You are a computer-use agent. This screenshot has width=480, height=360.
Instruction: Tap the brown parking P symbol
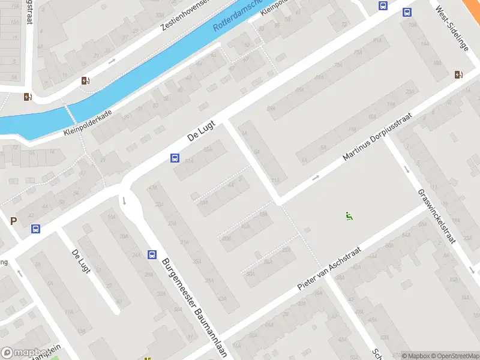click(13, 221)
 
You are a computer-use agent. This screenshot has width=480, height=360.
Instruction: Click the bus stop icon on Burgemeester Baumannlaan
click(152, 254)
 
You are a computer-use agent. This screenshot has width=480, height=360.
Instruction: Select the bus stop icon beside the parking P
click(35, 229)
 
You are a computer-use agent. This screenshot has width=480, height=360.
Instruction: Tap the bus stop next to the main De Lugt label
click(175, 158)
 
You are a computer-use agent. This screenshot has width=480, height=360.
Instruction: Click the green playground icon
click(349, 216)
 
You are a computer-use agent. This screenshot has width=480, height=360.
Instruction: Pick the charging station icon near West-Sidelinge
click(459, 74)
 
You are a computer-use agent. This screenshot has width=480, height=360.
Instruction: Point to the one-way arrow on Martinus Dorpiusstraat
click(316, 178)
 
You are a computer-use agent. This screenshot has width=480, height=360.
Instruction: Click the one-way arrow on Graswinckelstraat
click(406, 169)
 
